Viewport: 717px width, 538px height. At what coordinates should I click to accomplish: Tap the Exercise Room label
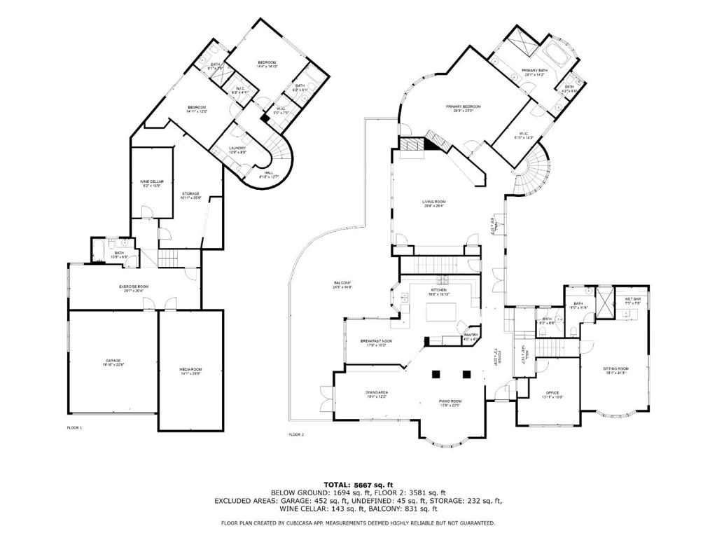(x=133, y=287)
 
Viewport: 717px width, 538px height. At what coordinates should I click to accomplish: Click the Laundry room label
(x=237, y=148)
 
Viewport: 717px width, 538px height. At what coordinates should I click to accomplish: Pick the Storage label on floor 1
(x=191, y=194)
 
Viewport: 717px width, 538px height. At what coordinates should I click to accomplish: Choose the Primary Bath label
(x=533, y=71)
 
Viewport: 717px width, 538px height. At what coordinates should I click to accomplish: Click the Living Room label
(x=433, y=202)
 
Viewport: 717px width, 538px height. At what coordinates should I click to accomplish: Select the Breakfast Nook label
(x=376, y=341)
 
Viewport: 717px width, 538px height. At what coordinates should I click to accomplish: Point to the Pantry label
(x=471, y=336)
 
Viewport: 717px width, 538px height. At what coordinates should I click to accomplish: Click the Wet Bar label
(x=633, y=300)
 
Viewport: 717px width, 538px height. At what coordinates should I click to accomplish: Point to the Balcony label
(x=342, y=283)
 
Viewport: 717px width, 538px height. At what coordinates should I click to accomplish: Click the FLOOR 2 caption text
(x=297, y=434)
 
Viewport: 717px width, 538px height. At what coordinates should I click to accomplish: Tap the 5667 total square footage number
(x=363, y=484)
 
